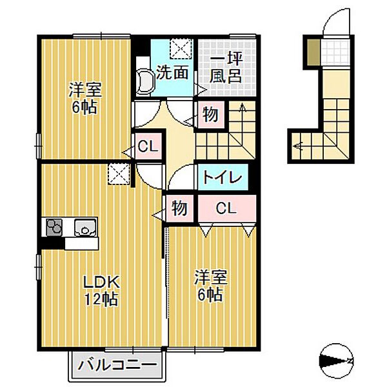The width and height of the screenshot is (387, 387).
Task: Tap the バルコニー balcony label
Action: (x=117, y=365)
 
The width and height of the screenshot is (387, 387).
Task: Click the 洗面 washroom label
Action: (x=172, y=73)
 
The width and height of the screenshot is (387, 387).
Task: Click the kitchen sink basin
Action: (x=84, y=228)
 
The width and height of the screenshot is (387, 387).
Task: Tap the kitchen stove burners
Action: (x=54, y=228)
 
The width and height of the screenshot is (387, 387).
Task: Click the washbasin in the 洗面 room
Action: (x=146, y=83)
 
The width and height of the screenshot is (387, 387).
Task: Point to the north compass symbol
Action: (x=337, y=359)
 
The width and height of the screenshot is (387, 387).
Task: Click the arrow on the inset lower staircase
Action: (x=298, y=146)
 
